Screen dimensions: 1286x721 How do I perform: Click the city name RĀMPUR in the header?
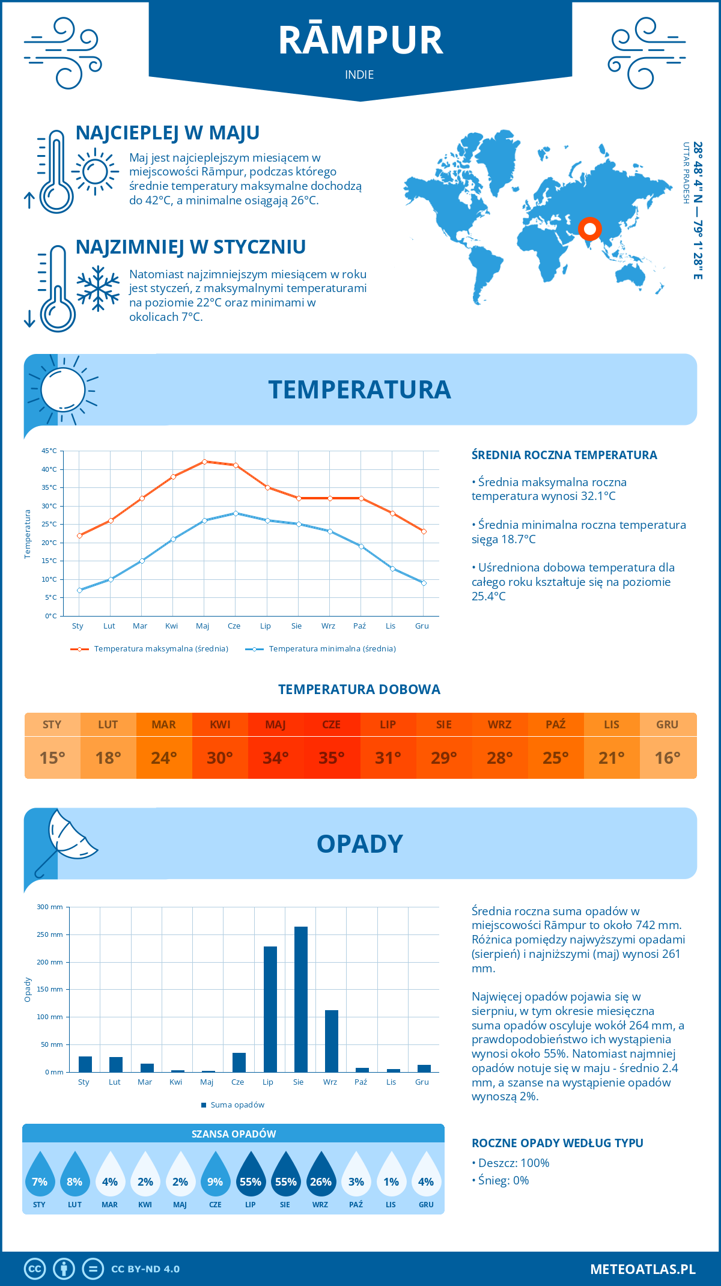click(360, 41)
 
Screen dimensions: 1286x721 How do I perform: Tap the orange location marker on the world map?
click(589, 229)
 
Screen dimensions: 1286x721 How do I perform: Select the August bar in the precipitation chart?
click(301, 999)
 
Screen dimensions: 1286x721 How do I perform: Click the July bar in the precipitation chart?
click(270, 1009)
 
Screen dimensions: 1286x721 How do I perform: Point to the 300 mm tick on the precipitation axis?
click(50, 907)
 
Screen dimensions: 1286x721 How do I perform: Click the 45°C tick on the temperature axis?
click(49, 451)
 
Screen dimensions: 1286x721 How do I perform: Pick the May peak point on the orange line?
click(204, 462)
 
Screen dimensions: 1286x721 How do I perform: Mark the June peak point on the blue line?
click(236, 513)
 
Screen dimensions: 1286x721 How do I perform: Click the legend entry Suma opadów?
click(237, 1105)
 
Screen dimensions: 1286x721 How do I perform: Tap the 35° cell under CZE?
click(332, 758)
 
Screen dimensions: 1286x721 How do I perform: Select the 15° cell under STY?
click(52, 758)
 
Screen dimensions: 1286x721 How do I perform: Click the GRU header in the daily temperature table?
click(668, 725)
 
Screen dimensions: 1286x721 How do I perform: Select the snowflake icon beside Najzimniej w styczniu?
click(98, 288)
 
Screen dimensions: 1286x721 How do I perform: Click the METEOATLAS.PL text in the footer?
click(643, 1269)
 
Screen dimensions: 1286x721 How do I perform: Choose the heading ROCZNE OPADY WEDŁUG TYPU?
click(557, 1143)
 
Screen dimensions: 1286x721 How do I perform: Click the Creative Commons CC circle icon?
click(35, 1269)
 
